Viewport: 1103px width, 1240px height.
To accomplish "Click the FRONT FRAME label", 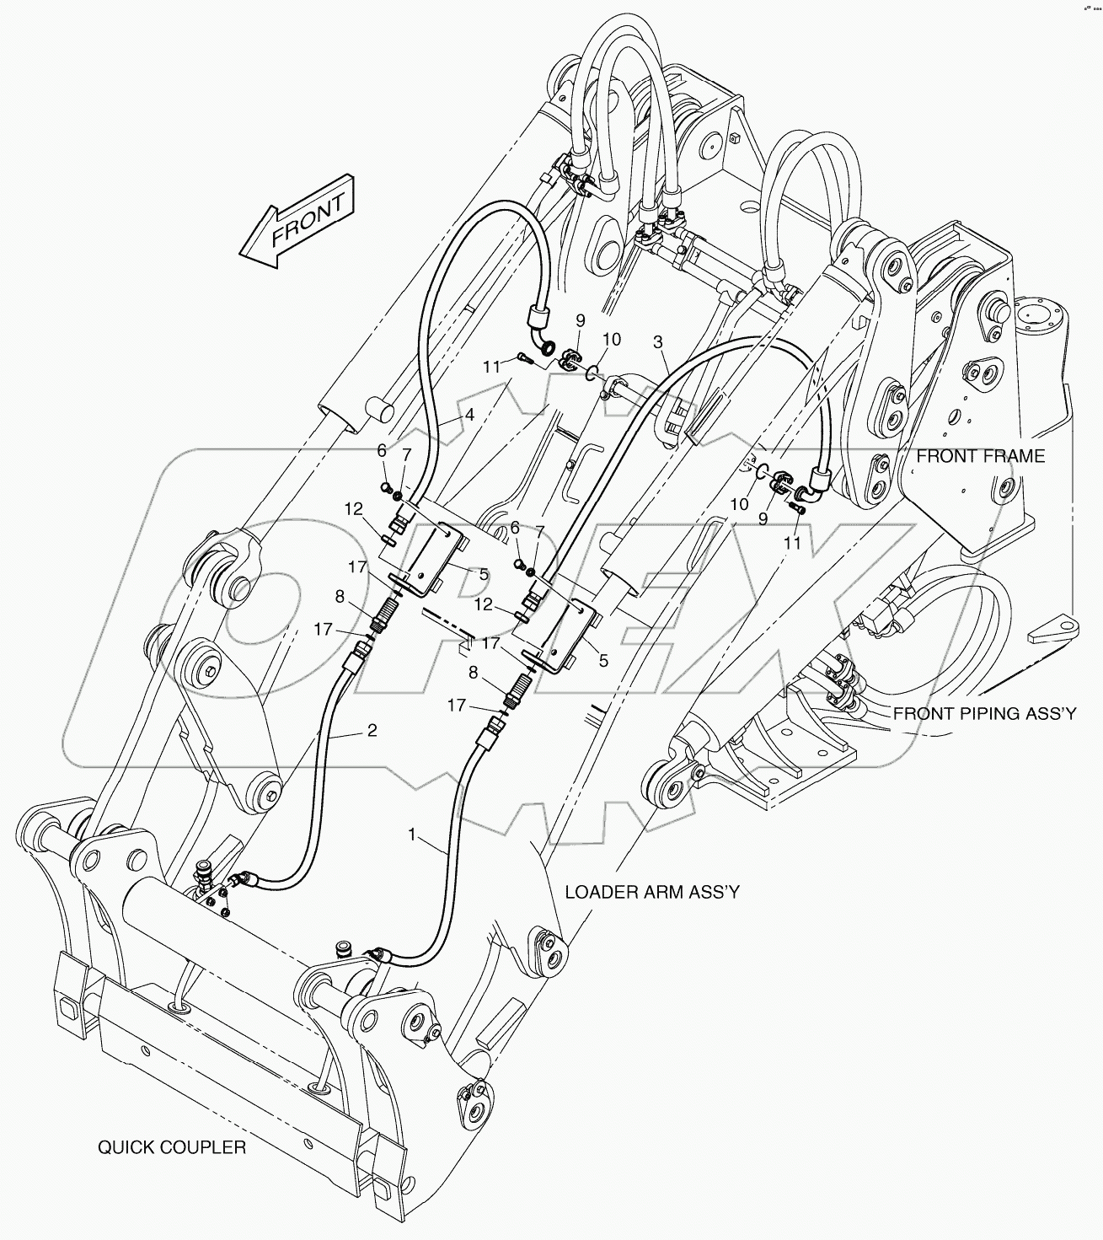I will point(980,456).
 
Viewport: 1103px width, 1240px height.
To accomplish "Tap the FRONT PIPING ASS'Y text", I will point(984,714).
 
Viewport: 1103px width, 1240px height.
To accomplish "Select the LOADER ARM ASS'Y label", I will point(651,892).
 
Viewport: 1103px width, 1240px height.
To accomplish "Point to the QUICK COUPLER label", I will point(172,1147).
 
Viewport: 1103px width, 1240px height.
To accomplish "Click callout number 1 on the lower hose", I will point(412,835).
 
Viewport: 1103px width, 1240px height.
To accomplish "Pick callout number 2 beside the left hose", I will point(372,730).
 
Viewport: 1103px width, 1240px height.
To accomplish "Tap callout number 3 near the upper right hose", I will point(657,341).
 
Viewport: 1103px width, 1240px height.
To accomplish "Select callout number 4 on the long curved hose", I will point(469,415).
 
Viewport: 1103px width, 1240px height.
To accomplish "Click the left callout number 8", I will point(340,596).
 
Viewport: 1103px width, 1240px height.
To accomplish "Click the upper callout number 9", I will point(580,320).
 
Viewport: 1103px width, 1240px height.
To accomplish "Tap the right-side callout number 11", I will point(792,544).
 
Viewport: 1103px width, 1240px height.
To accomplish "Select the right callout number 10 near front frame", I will point(739,504).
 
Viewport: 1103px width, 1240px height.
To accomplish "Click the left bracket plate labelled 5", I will point(432,556).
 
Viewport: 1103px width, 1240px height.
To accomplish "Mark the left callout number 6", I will point(382,452).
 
